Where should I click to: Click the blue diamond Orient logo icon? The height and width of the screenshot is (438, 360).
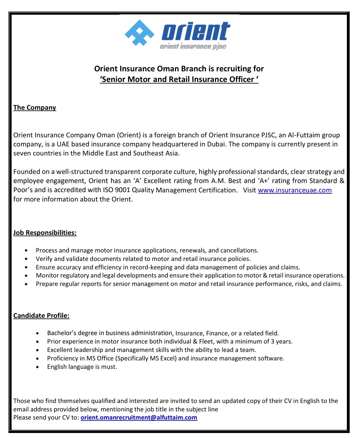coord(139,33)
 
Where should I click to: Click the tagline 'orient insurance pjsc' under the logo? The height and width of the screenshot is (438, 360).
coord(193,47)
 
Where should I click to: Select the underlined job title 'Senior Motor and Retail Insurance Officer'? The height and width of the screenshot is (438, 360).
coord(179,79)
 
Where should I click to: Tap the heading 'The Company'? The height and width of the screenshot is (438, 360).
coord(35,108)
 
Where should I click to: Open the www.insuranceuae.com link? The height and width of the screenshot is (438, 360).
coord(295,190)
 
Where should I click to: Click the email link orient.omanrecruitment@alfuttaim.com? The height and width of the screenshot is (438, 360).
coord(139,417)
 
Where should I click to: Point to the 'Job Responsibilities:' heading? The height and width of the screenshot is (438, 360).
coord(45,233)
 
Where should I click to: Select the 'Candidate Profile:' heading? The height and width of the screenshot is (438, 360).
coord(41,316)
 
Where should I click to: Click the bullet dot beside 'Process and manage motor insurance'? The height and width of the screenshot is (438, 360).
coord(26,251)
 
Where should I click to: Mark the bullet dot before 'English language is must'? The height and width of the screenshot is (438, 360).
coord(38,367)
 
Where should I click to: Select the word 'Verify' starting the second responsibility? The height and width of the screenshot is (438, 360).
coord(44,259)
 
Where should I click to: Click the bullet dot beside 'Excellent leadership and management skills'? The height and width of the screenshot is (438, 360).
coord(38,350)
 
